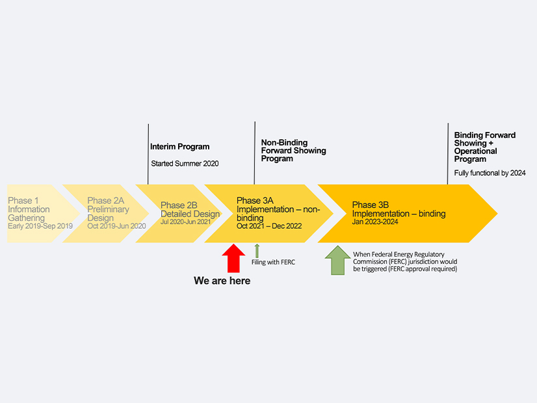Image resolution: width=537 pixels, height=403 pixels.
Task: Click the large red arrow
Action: click(x=233, y=258)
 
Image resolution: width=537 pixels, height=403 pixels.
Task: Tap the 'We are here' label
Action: click(x=222, y=281)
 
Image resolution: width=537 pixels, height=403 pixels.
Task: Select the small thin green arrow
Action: click(x=257, y=251)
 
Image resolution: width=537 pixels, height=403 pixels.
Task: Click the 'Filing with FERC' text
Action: click(x=273, y=263)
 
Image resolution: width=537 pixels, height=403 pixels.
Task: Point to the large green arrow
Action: click(x=337, y=260)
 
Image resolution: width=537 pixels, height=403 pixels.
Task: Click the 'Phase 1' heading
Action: click(x=23, y=201)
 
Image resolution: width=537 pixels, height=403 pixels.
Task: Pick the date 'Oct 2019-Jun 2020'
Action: click(x=117, y=226)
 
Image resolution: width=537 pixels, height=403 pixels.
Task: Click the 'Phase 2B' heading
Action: click(x=179, y=205)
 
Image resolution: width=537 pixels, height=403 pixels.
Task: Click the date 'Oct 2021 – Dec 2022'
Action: click(x=269, y=226)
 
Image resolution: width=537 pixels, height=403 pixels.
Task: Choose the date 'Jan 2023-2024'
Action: click(x=375, y=222)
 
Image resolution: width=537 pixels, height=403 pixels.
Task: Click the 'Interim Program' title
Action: click(x=180, y=147)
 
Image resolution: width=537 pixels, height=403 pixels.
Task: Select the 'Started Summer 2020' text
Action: click(x=185, y=163)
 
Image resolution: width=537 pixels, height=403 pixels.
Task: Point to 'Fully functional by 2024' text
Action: click(x=490, y=173)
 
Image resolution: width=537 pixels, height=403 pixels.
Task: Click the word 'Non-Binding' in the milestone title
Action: click(x=284, y=143)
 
